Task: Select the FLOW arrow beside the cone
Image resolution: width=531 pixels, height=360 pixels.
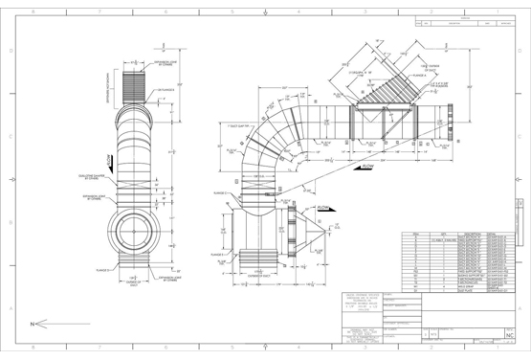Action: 324,208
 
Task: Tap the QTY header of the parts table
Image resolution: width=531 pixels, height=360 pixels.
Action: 444,233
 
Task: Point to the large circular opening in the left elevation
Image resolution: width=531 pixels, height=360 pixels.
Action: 135,227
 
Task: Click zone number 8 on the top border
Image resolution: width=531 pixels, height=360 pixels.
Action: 36,13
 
